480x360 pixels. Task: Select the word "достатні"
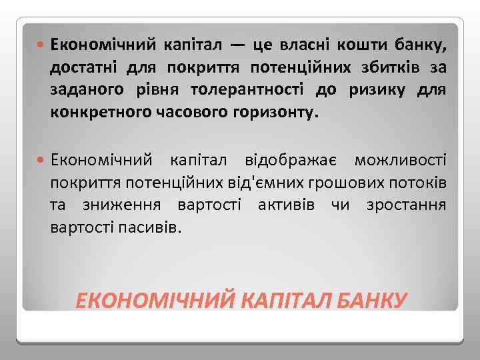click(87, 68)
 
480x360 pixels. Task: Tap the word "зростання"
click(406, 205)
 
